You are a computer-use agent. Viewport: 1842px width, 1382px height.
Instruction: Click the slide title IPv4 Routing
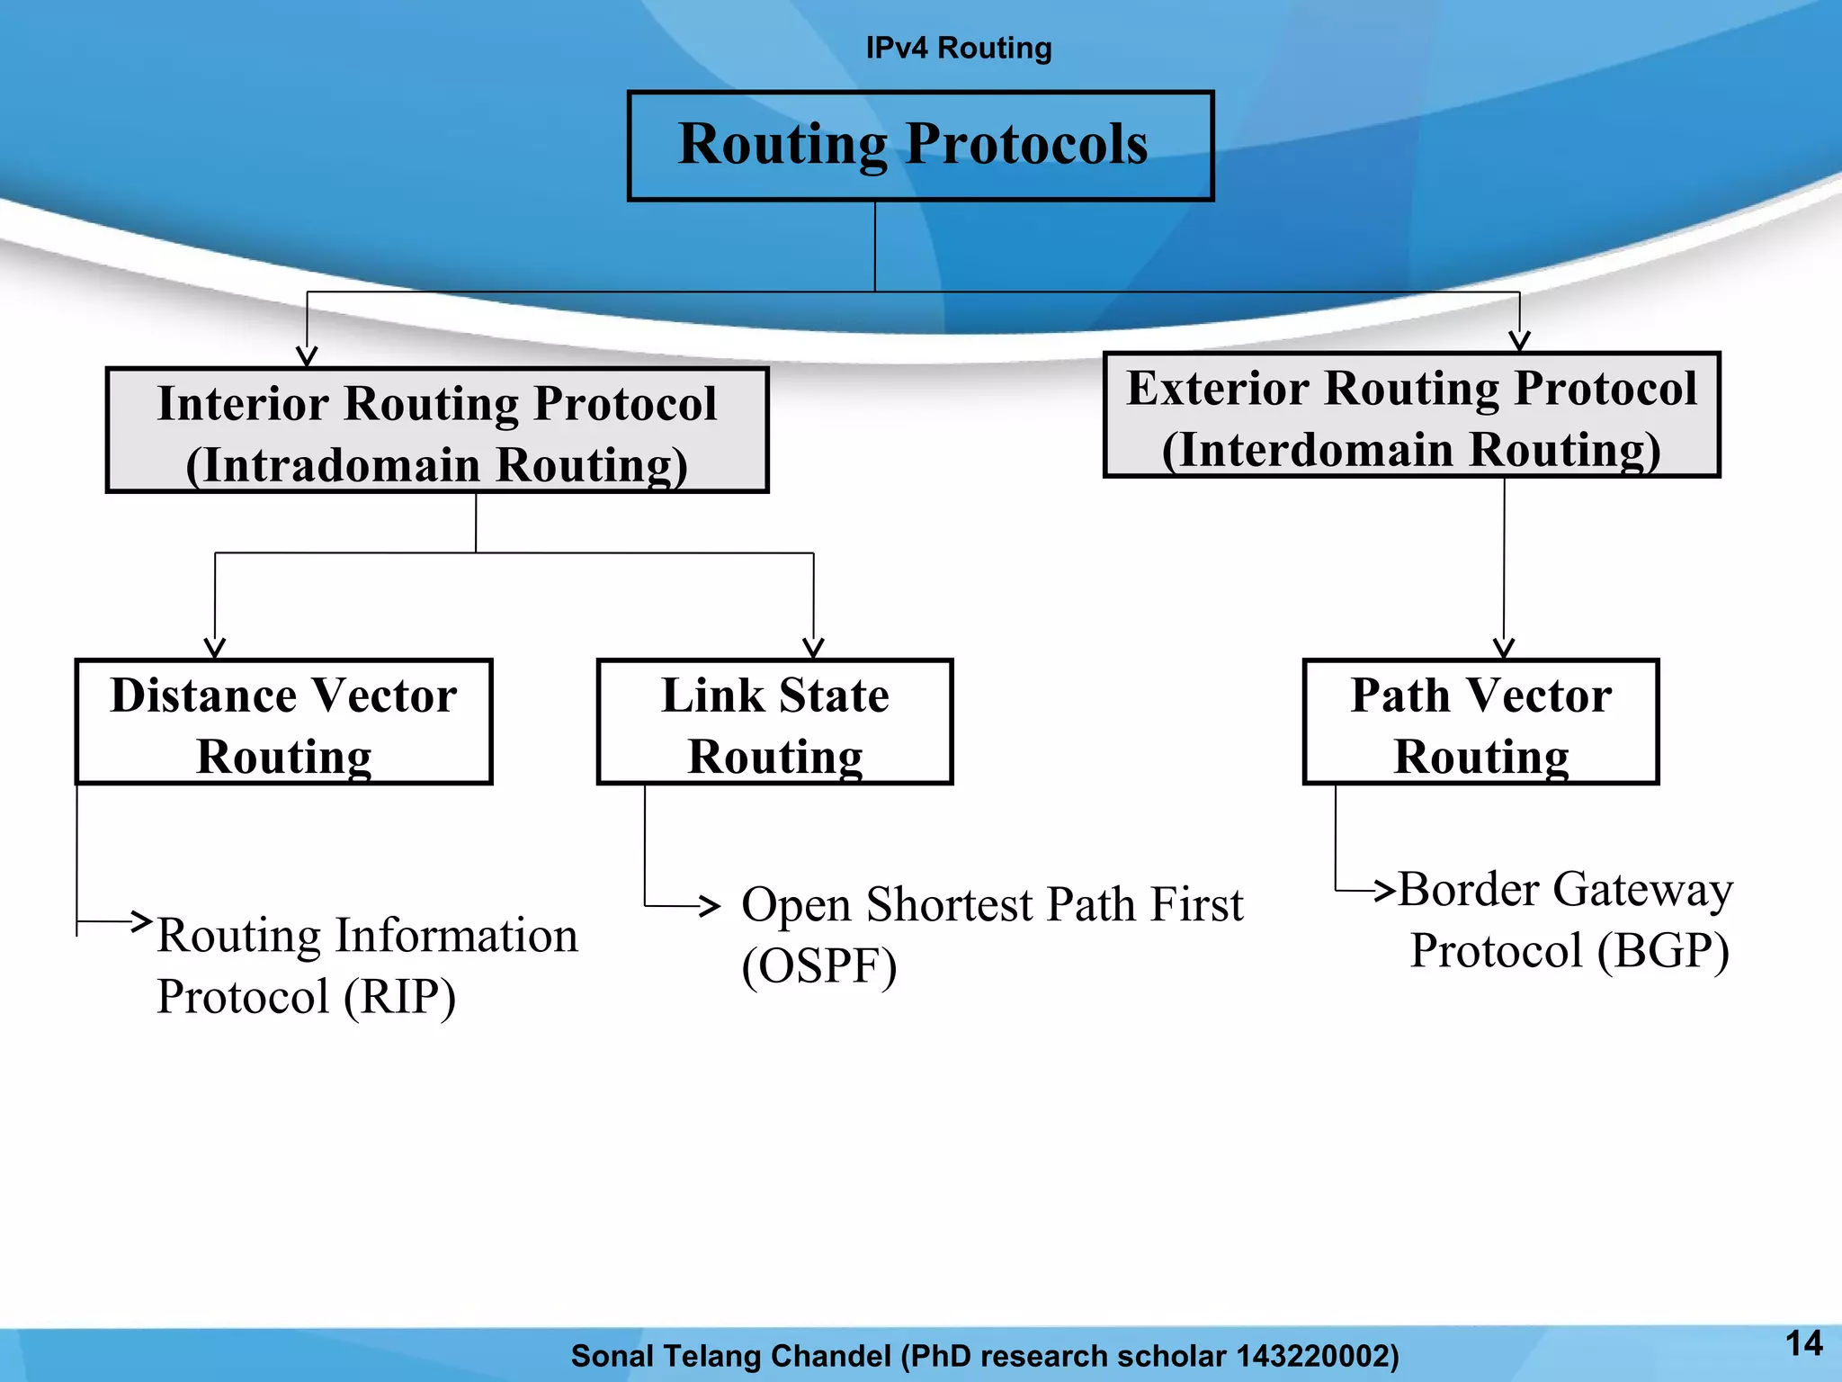tap(958, 48)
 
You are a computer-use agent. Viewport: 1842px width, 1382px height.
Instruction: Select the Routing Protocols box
tap(920, 146)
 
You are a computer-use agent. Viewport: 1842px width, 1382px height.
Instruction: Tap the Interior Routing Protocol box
tap(437, 431)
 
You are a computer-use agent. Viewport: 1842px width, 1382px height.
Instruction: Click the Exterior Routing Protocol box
tap(1411, 416)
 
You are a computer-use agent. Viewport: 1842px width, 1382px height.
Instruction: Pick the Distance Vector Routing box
tap(283, 722)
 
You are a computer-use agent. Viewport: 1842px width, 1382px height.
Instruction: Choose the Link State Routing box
tap(774, 722)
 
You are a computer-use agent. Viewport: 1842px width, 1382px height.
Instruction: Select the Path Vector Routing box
tap(1480, 722)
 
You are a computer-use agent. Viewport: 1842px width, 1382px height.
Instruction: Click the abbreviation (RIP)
tap(399, 997)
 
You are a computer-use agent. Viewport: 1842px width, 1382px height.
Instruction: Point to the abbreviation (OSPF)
tap(819, 966)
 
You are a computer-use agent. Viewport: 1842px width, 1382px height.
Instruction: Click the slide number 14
tap(1803, 1343)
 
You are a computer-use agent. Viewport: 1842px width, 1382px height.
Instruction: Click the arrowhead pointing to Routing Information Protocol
tap(142, 920)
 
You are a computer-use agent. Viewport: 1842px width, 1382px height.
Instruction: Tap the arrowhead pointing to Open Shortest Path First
tap(711, 905)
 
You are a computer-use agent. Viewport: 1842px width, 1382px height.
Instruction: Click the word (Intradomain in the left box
tap(333, 466)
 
